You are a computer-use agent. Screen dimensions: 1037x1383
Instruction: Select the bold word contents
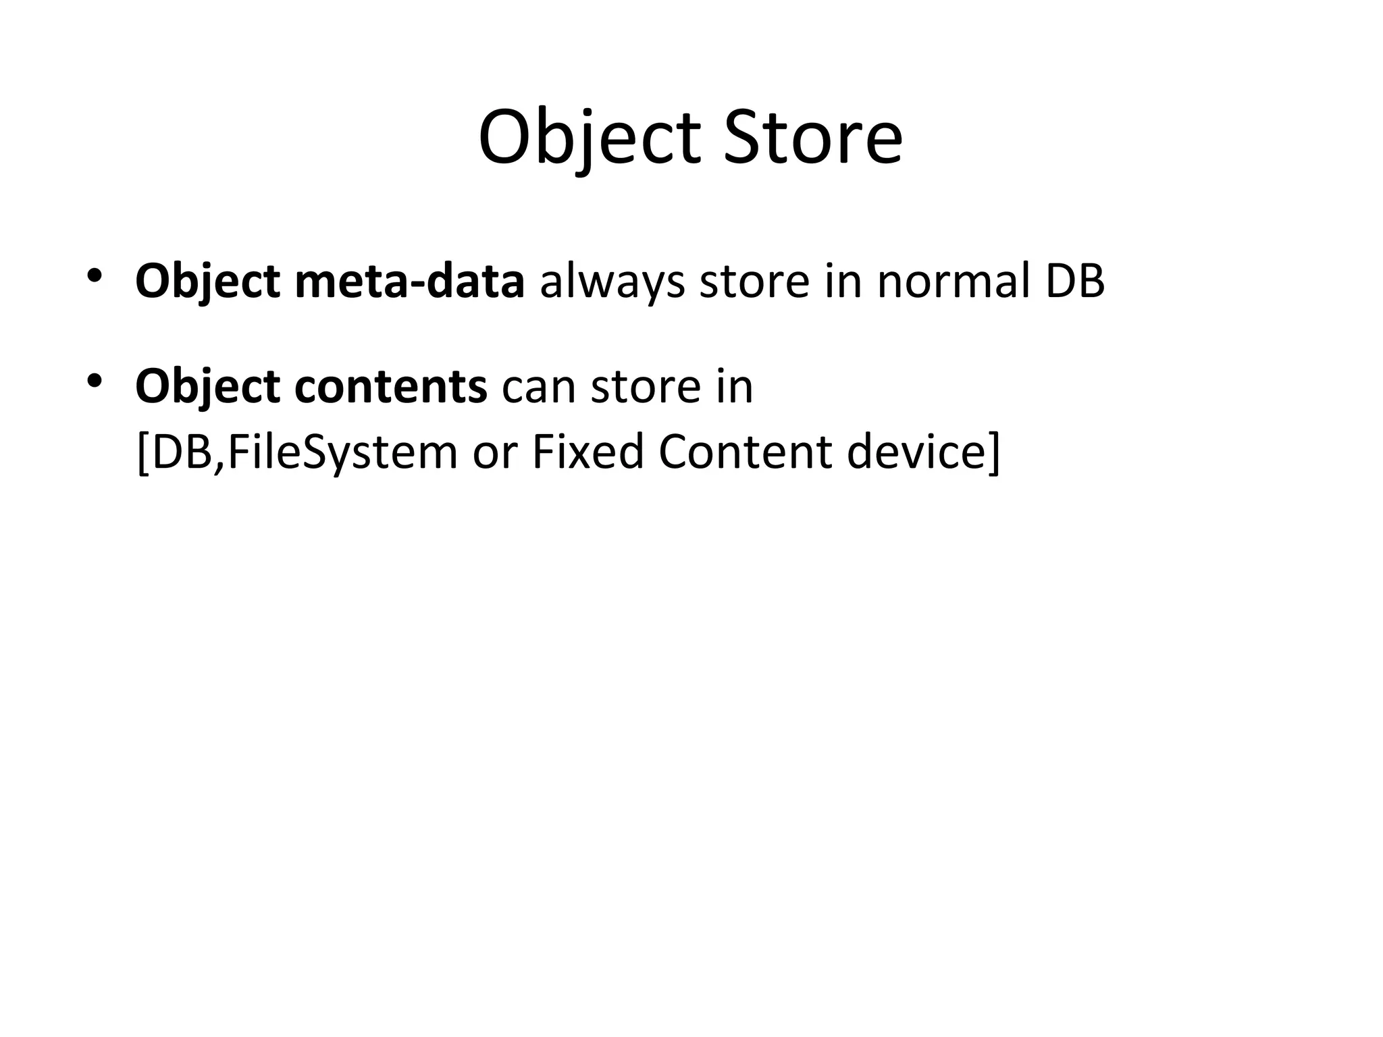pos(391,387)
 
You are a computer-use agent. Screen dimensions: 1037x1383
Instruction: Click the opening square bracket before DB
pos(142,453)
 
